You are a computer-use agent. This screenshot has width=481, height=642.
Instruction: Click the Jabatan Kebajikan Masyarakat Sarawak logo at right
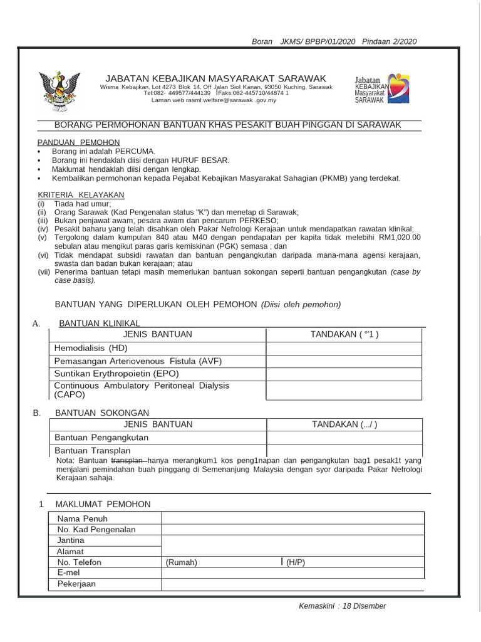pyautogui.click(x=382, y=88)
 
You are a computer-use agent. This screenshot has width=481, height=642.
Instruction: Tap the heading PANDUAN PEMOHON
pyautogui.click(x=78, y=142)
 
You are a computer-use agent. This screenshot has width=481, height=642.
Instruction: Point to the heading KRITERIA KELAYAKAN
pyautogui.click(x=81, y=195)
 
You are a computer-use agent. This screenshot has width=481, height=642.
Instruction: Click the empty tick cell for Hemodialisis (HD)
pyautogui.click(x=343, y=348)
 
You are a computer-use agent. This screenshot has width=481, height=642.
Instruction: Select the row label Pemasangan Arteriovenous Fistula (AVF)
pyautogui.click(x=138, y=361)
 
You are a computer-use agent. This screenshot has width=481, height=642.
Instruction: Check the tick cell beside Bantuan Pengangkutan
pyautogui.click(x=343, y=438)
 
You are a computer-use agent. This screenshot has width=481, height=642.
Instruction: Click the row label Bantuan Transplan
pyautogui.click(x=93, y=451)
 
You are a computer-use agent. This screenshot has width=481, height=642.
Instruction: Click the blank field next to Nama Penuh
pyautogui.click(x=292, y=518)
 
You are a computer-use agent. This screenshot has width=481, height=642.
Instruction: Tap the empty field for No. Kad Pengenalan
pyautogui.click(x=292, y=530)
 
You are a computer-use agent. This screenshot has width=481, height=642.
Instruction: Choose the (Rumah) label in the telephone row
pyautogui.click(x=181, y=562)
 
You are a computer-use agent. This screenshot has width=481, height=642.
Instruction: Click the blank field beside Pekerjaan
pyautogui.click(x=292, y=584)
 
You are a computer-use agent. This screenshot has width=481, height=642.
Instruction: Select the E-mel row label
pyautogui.click(x=69, y=573)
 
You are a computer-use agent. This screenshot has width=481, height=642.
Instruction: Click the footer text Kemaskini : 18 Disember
pyautogui.click(x=343, y=606)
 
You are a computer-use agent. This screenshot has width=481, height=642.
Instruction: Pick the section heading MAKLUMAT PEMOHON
pyautogui.click(x=103, y=504)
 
